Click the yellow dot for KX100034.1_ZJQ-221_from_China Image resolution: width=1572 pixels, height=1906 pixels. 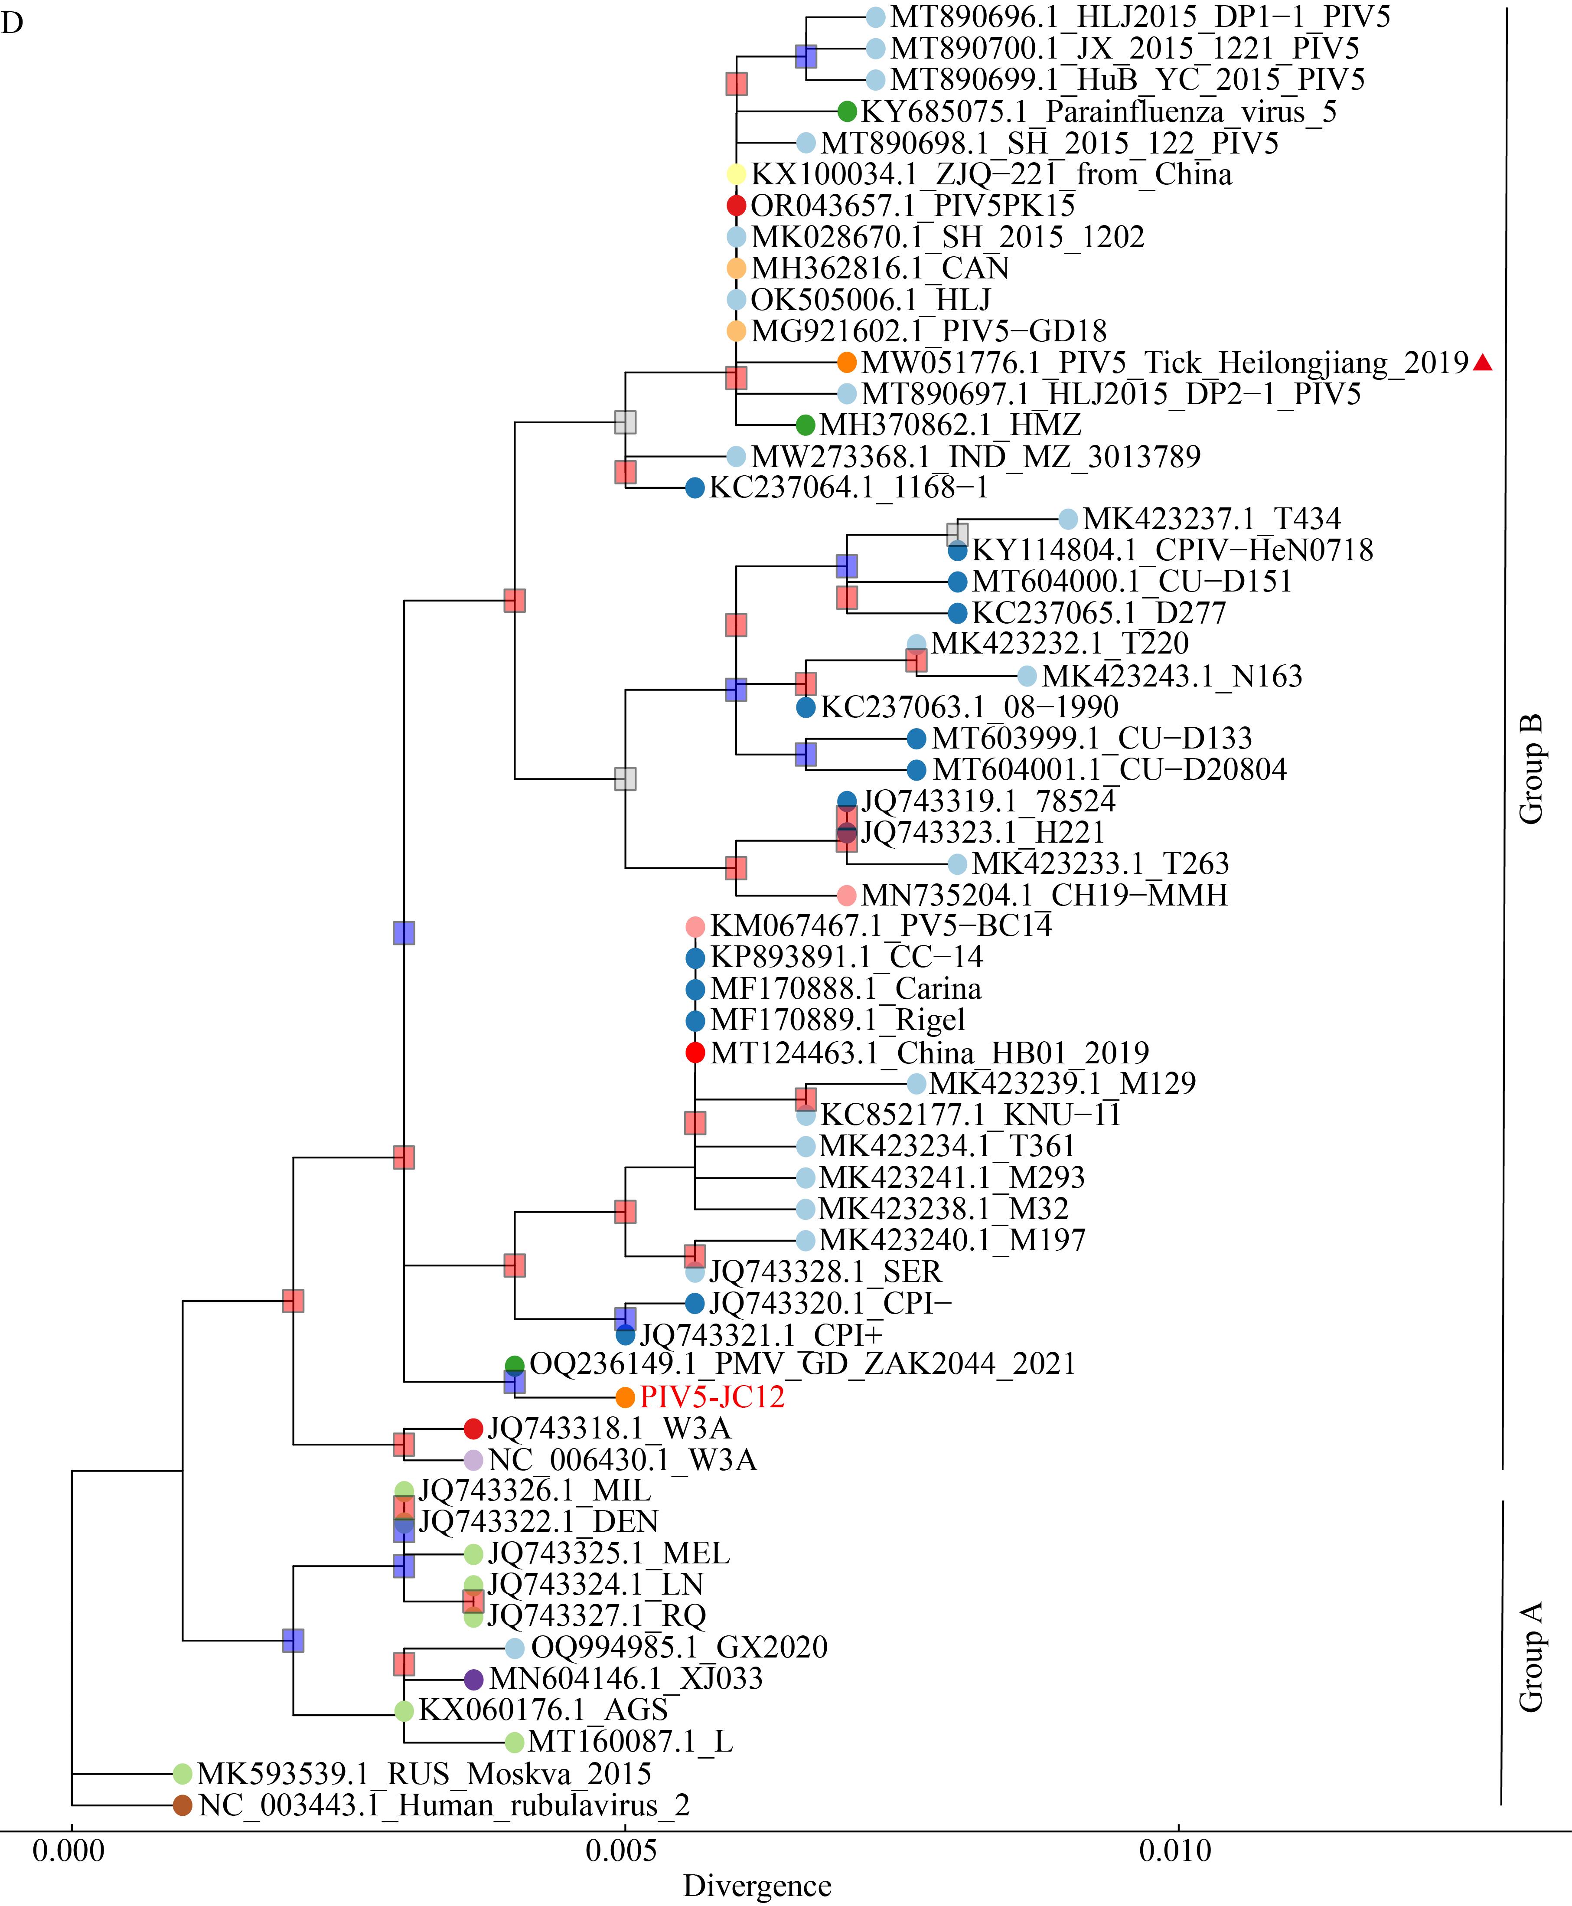(x=736, y=174)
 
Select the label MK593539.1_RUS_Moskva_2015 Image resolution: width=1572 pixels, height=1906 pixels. (x=425, y=1774)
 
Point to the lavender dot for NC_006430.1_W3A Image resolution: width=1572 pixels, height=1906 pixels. (x=473, y=1459)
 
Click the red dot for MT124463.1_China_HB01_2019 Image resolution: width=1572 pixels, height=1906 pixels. (x=695, y=1053)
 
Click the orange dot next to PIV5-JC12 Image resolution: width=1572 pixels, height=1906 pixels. (x=625, y=1397)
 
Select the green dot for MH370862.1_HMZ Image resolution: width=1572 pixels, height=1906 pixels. (x=805, y=425)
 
